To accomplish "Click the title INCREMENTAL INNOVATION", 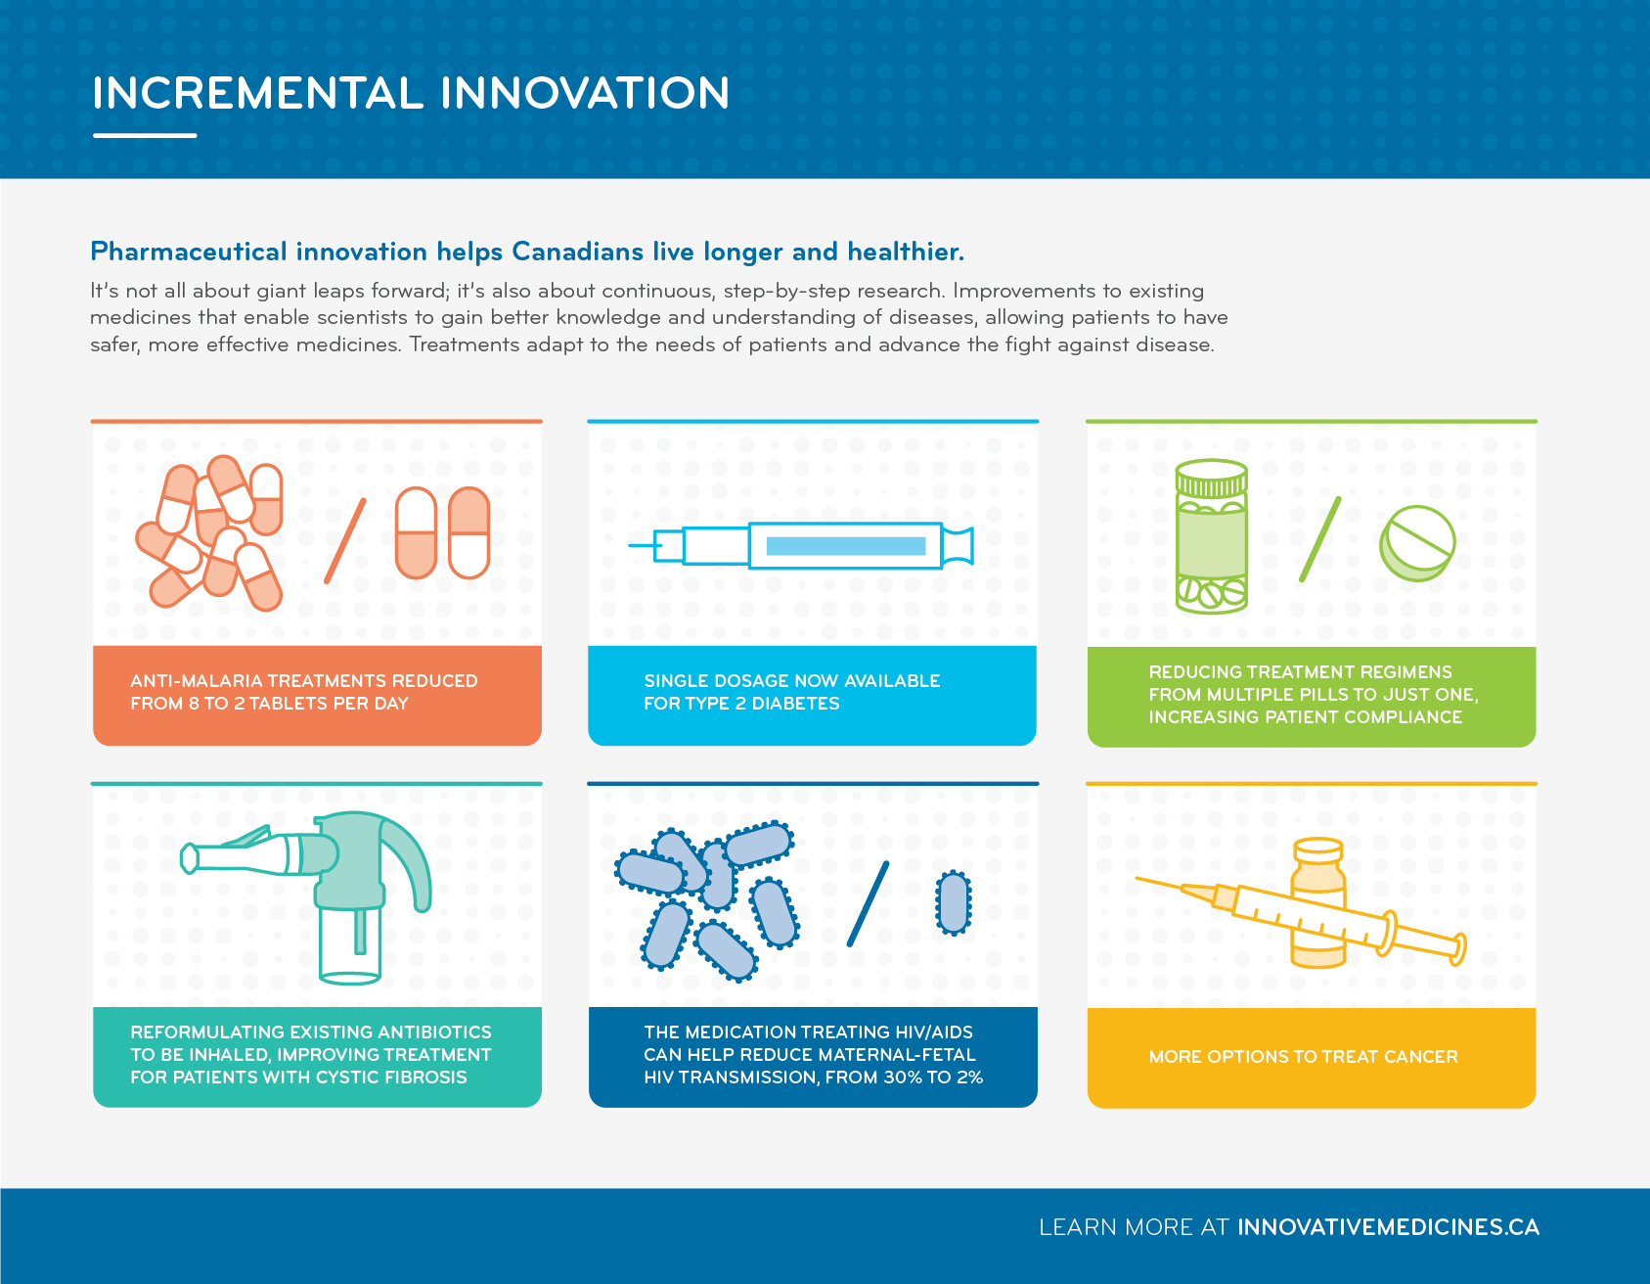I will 411,94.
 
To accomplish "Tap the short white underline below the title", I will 145,135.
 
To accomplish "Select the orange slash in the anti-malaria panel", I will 345,540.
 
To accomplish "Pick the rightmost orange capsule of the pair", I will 468,533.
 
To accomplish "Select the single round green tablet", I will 1417,543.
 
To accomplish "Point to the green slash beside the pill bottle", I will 1319,539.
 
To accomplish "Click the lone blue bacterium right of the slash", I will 954,902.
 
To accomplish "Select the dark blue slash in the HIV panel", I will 868,903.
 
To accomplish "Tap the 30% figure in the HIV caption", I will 902,1078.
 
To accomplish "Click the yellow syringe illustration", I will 1301,915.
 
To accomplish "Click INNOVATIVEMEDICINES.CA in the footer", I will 1388,1227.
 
